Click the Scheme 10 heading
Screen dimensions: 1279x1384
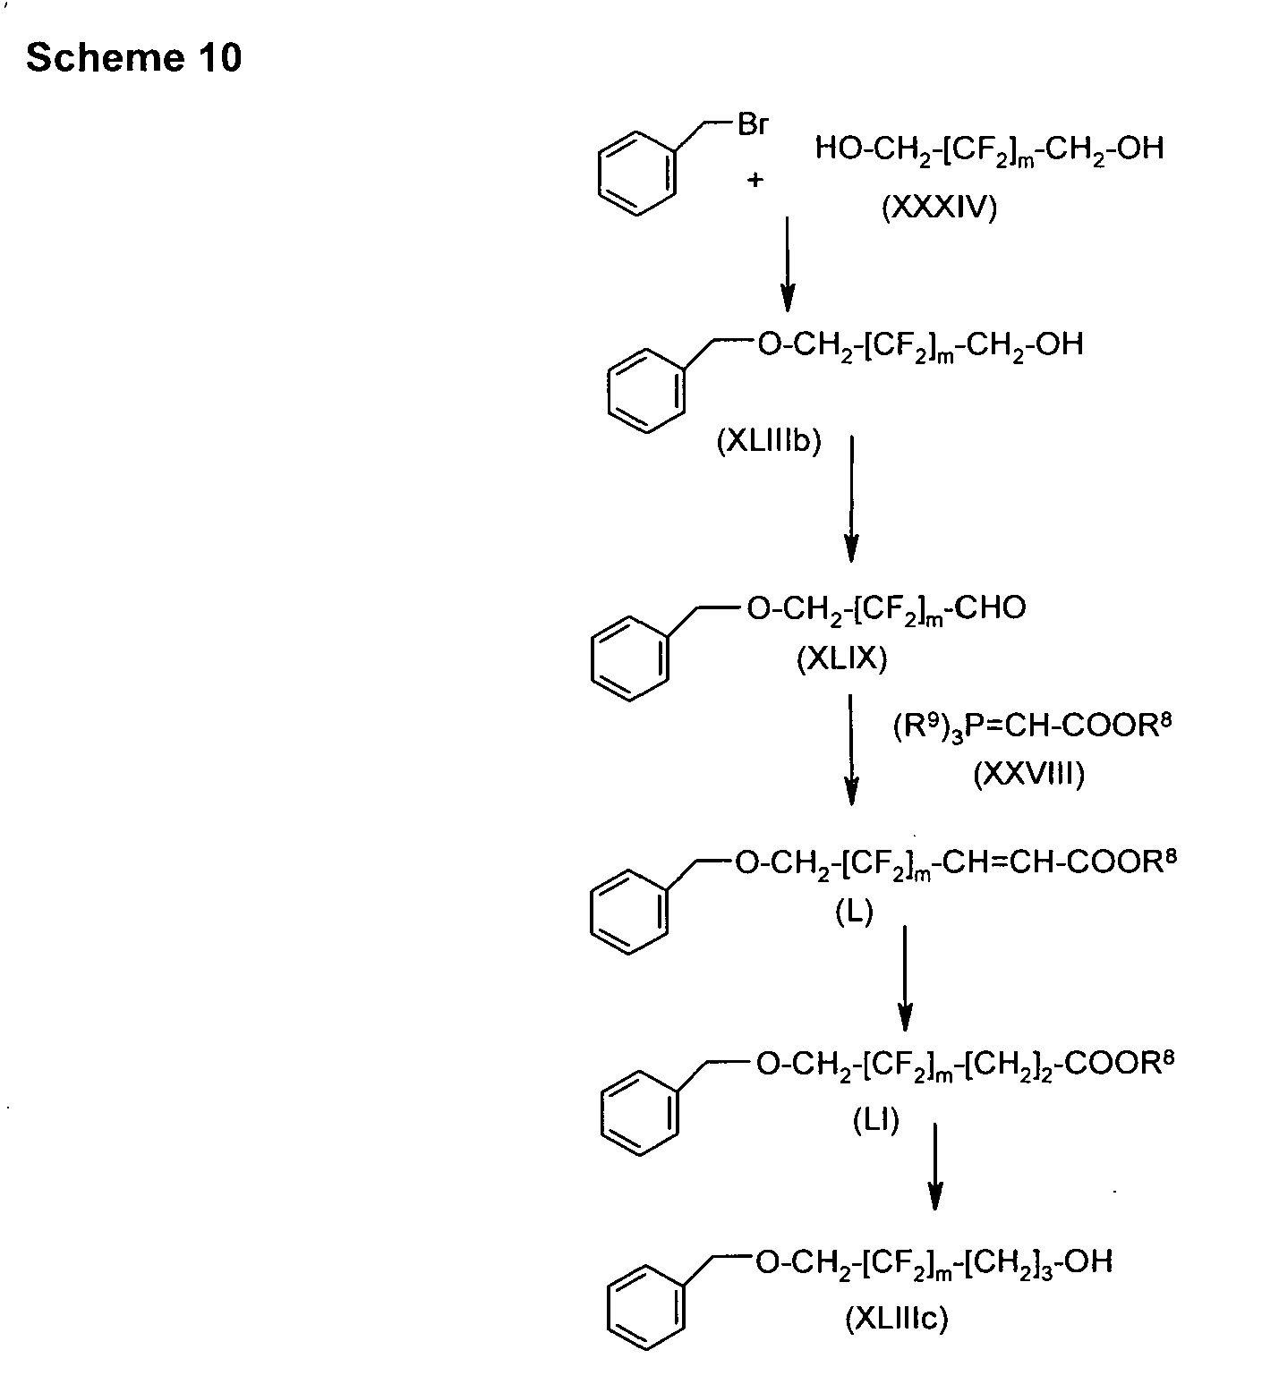point(134,58)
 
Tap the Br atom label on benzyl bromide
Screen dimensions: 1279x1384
point(752,124)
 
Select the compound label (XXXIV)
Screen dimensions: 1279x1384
point(939,209)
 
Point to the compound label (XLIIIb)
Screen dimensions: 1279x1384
point(769,442)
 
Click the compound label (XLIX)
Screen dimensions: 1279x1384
point(841,660)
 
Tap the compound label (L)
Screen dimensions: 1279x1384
point(854,913)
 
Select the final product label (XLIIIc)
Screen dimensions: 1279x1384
point(897,1320)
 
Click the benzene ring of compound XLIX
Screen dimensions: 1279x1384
point(629,658)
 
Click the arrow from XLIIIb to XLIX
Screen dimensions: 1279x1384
point(851,497)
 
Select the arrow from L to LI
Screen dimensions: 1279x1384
point(905,978)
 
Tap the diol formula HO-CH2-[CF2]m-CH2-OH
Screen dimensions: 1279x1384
point(990,149)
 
